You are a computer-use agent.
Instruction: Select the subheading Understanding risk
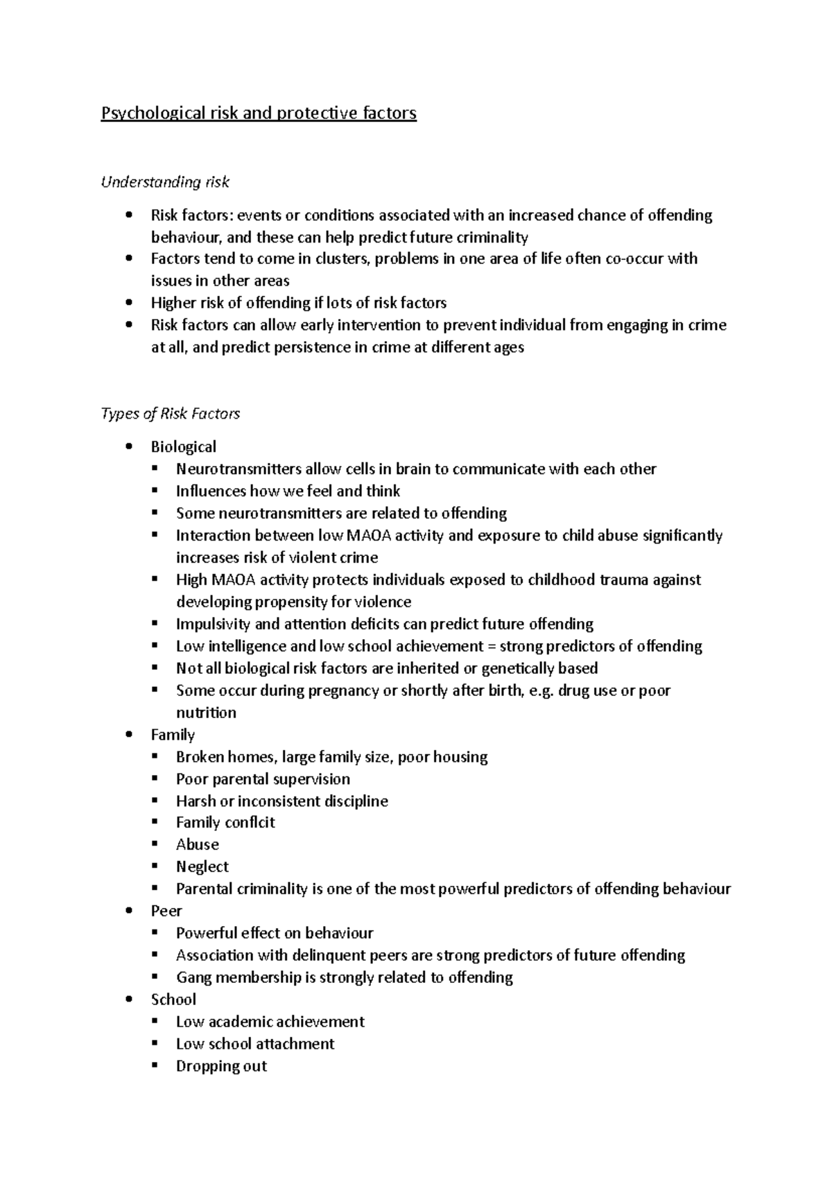165,182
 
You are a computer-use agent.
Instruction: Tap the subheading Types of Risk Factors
171,414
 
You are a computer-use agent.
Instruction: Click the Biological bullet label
183,447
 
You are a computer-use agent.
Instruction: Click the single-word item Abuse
197,845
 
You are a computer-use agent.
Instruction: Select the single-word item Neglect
202,867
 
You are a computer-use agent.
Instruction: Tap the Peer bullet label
166,912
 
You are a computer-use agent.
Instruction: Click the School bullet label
173,1000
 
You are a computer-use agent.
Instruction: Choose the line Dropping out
221,1066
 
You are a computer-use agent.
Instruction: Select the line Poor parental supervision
263,779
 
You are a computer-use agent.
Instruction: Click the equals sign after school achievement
492,647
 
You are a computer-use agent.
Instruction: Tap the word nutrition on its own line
206,713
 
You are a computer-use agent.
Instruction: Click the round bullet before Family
129,735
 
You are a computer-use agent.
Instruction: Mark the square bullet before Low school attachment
154,1044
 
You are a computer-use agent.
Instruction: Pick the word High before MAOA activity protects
191,580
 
